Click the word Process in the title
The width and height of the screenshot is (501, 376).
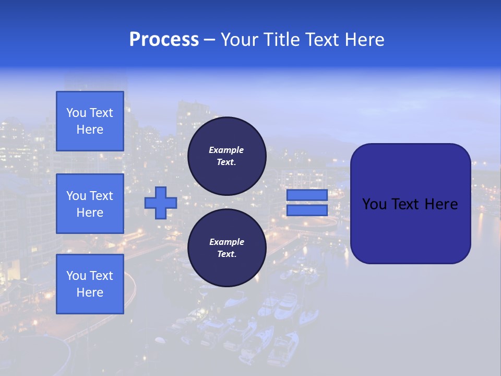pos(164,40)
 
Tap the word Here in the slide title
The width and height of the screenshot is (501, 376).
pos(364,40)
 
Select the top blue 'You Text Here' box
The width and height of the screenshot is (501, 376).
pos(90,121)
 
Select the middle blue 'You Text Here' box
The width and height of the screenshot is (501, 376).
pos(90,204)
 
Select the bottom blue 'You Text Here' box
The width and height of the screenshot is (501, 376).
pos(90,284)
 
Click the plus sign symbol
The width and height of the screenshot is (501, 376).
pos(161,203)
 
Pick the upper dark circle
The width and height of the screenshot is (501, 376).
pos(226,156)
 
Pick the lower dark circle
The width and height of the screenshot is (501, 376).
pos(226,248)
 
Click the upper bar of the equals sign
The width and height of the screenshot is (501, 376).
pos(307,195)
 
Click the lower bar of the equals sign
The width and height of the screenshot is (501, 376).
pos(307,210)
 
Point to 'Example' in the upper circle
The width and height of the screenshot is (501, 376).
pos(226,150)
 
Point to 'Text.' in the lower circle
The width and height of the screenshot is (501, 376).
pos(226,254)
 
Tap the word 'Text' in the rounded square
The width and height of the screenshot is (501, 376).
pos(408,204)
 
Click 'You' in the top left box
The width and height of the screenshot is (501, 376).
pos(76,113)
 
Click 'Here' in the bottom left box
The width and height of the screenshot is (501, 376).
pos(90,292)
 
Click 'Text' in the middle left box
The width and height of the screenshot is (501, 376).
pos(101,196)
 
